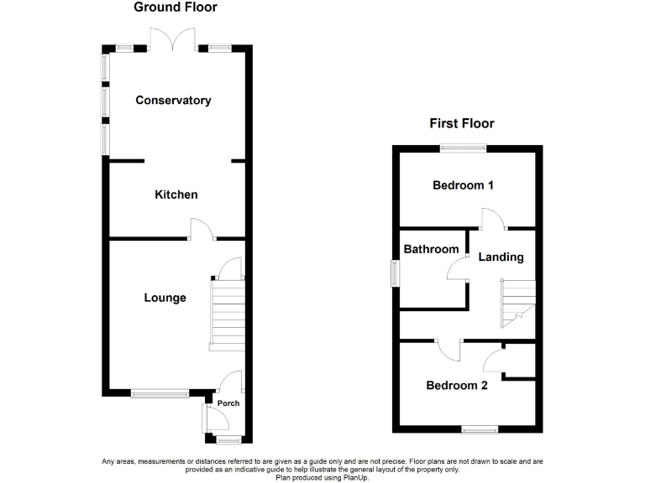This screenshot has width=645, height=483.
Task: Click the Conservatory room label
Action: (x=173, y=101)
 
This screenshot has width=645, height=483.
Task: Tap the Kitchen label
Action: (x=176, y=195)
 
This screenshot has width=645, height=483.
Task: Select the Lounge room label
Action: (x=165, y=298)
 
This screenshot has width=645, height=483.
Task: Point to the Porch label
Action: (x=228, y=403)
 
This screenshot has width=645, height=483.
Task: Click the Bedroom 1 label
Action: (x=463, y=185)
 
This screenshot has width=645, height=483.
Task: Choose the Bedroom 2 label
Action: (x=457, y=386)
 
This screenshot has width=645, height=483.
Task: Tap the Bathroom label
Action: (x=431, y=249)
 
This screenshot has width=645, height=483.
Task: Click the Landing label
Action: (x=501, y=257)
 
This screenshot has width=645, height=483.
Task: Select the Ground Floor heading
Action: (x=176, y=8)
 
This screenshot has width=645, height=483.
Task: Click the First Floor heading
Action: (x=462, y=123)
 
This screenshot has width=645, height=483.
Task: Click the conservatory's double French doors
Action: (x=175, y=39)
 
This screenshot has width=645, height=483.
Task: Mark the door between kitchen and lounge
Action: (x=202, y=229)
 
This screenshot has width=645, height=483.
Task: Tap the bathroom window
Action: (x=395, y=274)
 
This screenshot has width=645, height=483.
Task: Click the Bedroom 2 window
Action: (x=479, y=429)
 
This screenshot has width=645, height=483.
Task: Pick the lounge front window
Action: (x=160, y=392)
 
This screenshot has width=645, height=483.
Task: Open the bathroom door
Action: (x=458, y=270)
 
